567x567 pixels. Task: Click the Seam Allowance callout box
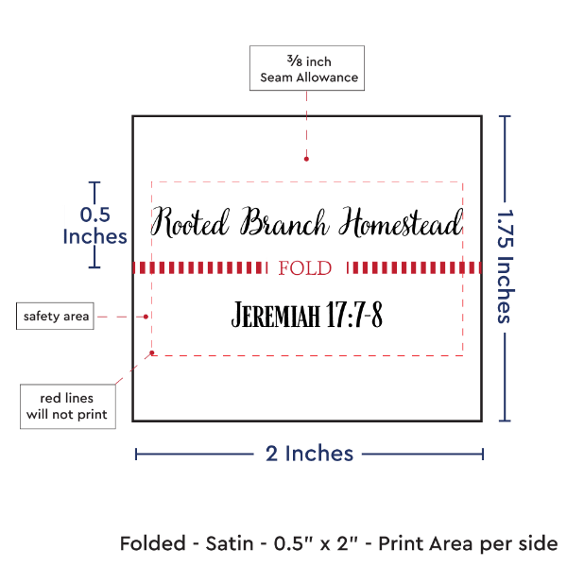(304, 68)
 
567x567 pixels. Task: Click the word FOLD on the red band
(306, 268)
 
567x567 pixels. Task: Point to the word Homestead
(401, 223)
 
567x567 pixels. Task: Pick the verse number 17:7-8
(352, 315)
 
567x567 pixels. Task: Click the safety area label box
(56, 316)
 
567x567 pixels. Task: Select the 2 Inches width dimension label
(309, 454)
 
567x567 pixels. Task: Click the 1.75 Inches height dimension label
(507, 267)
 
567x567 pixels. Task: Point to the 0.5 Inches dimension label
(94, 225)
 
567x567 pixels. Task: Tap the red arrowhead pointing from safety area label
(148, 316)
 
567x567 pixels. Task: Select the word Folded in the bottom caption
(155, 544)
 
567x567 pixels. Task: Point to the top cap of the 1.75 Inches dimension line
(506, 115)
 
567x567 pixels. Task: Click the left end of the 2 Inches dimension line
(136, 455)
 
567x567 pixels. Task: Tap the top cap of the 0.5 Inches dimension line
(94, 182)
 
